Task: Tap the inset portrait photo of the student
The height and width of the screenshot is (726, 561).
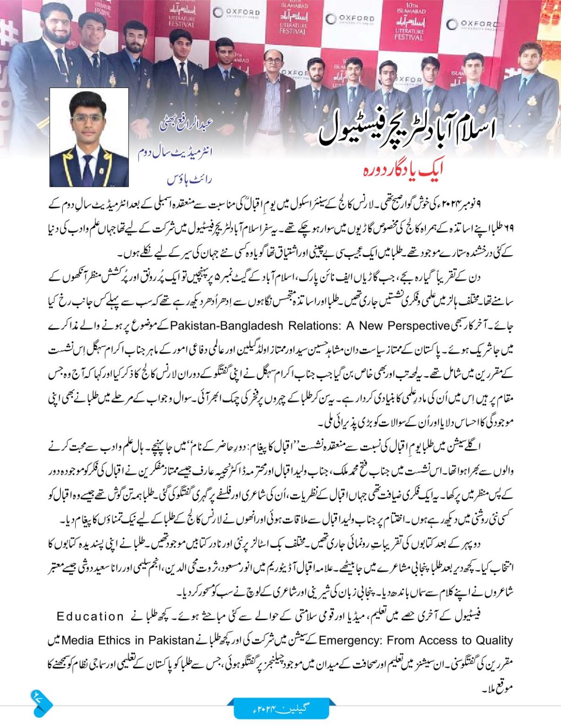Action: [89, 137]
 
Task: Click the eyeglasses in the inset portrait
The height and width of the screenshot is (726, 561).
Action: [87, 118]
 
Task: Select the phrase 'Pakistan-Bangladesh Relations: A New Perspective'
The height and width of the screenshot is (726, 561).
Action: [309, 326]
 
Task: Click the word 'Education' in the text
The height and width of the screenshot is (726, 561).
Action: [90, 616]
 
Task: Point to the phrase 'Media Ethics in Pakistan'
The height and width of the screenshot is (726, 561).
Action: [128, 640]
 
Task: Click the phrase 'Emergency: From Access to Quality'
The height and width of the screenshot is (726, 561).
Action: [416, 640]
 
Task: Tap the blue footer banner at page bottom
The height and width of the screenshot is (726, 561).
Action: [281, 709]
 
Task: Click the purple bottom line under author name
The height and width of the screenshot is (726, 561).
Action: [190, 180]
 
